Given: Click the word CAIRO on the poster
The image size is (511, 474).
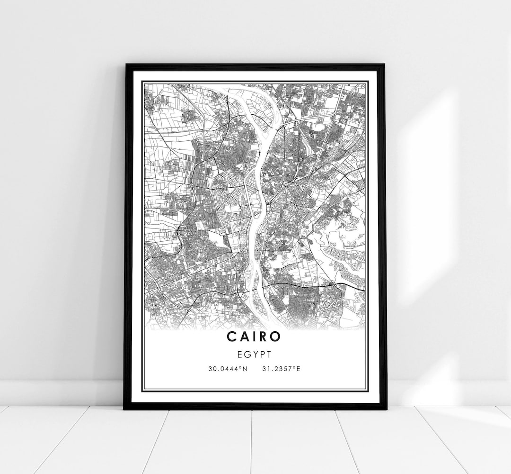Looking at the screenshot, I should coord(254,336).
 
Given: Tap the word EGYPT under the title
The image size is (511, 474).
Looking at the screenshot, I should coord(255,354).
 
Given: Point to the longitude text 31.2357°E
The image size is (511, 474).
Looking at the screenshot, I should coord(280,368).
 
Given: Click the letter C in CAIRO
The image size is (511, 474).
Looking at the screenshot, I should coord(231,336).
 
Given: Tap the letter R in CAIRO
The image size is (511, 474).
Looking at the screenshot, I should coord(264,336).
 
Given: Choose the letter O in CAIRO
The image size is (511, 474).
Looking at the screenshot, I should coord(276,336).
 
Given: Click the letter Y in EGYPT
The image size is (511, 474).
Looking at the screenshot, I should coord(255,354).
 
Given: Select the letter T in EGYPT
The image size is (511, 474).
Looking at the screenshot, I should coord(268,354).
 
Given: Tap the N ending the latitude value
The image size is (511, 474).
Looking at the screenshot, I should coord(245,368).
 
